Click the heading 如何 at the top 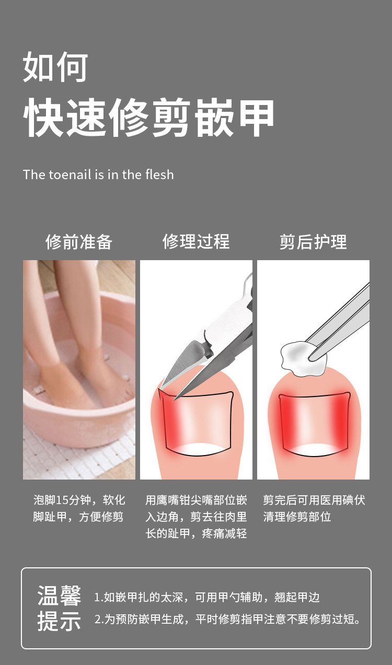[x=55, y=67]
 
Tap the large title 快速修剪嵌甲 [x=148, y=118]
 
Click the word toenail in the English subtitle [x=70, y=174]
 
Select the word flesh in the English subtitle [x=159, y=174]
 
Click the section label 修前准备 [x=79, y=242]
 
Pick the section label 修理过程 [x=196, y=241]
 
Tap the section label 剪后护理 [x=313, y=242]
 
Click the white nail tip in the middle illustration [x=199, y=450]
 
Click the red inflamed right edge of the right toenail [x=341, y=418]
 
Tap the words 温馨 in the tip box [x=59, y=596]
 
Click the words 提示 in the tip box [x=59, y=621]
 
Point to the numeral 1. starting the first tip [x=99, y=597]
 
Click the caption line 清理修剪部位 [x=297, y=517]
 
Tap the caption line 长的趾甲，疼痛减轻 [x=196, y=533]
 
